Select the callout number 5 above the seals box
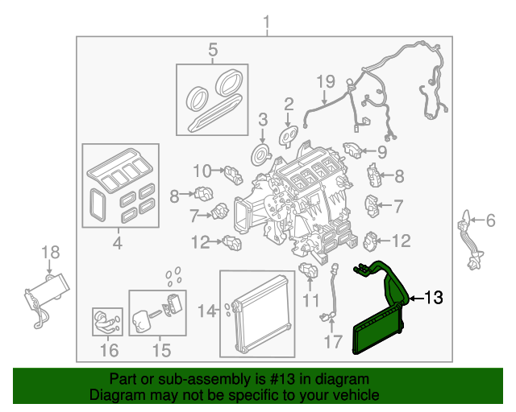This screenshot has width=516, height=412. pos(213,51)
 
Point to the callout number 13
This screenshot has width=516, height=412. pos(433,299)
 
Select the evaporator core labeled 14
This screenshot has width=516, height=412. pos(259,315)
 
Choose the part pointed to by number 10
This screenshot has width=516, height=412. pos(233,172)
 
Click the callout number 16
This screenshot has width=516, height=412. pos(108,350)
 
